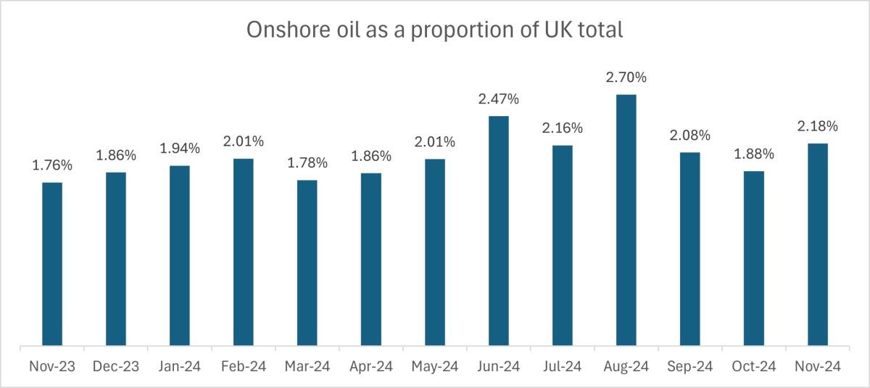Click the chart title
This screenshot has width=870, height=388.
coord(435,30)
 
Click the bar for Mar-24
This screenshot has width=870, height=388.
coord(307,263)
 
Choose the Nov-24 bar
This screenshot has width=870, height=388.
coord(818,244)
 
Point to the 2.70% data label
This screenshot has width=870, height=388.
coord(626,78)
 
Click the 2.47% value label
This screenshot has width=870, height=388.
coord(499,99)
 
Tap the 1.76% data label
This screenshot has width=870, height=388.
coord(52,165)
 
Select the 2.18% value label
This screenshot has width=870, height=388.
coord(818,126)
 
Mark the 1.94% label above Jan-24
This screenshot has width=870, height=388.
coord(180,149)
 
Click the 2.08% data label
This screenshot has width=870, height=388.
coord(690,136)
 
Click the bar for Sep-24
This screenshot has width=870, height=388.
coord(690,249)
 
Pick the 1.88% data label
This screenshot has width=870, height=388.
coord(754,154)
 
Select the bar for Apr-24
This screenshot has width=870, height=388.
coord(371,259)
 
